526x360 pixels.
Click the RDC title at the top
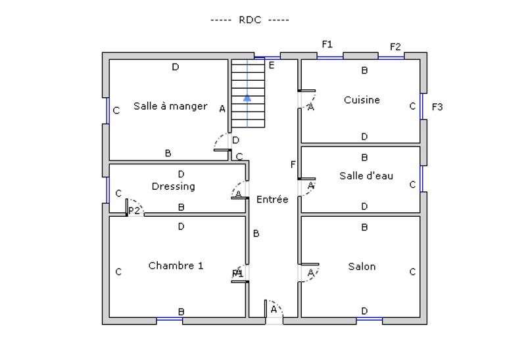[250, 20]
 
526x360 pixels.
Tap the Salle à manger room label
[170, 106]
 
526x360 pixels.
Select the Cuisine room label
[362, 100]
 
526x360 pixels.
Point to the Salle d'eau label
[366, 175]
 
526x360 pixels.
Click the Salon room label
[362, 266]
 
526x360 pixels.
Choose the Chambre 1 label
[176, 265]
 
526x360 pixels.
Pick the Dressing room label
[173, 186]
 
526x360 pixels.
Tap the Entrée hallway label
[272, 199]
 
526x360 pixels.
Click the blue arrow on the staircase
[247, 98]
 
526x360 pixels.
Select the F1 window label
[327, 44]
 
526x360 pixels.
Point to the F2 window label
[395, 47]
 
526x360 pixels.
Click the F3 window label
[437, 106]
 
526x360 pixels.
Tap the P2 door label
[134, 210]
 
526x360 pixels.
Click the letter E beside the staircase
[271, 64]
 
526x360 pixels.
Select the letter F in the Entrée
[293, 164]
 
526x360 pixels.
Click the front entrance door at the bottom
[274, 312]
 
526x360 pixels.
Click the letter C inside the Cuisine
[412, 106]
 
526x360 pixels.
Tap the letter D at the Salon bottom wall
[364, 311]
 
